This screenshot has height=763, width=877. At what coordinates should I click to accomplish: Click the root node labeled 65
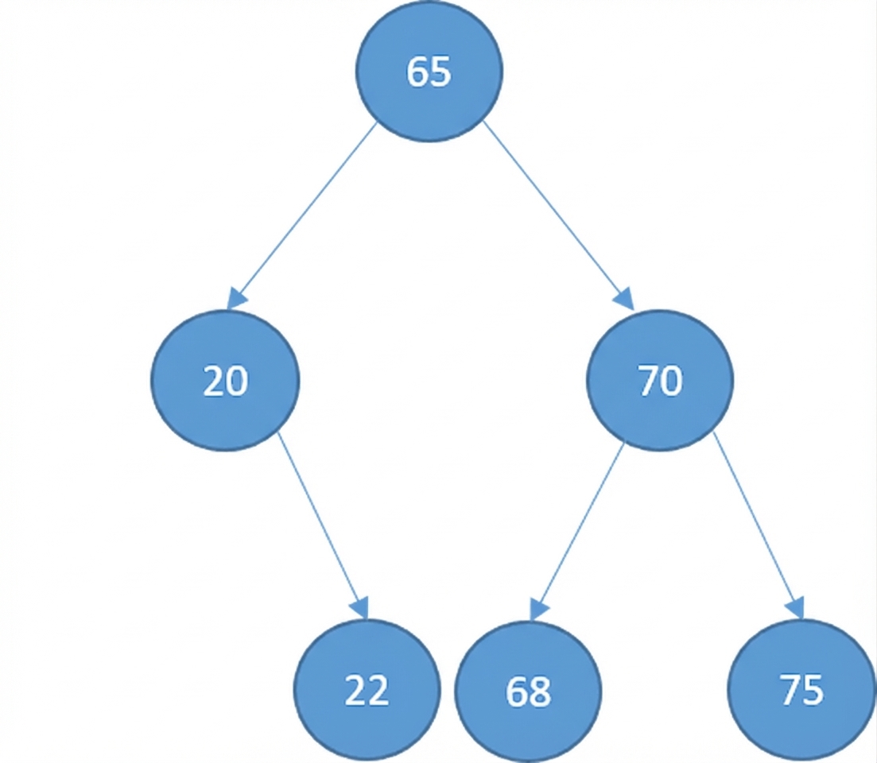coord(429,72)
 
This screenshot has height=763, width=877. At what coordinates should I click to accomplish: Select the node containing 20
coord(226,381)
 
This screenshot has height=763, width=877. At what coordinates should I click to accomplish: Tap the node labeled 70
coord(660,381)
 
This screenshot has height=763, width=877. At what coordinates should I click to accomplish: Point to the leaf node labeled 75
coord(801,690)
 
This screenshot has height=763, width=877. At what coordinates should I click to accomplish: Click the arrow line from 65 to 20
coord(306,211)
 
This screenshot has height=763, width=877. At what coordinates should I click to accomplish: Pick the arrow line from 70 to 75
coord(755,521)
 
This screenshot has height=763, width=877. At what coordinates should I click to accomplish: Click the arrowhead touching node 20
coord(237,300)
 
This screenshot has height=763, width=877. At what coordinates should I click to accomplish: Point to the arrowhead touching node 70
coord(625,300)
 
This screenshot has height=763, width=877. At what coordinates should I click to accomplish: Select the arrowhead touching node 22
coord(361,609)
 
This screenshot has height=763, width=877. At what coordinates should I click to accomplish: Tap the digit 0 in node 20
coord(237,381)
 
